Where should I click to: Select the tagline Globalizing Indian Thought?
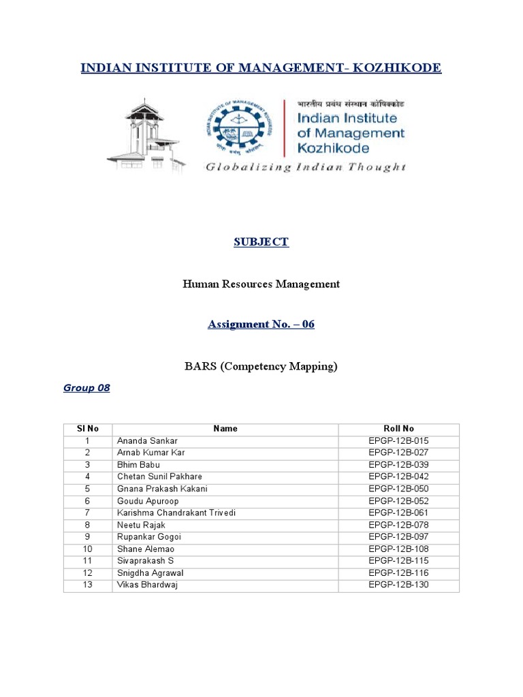[306, 167]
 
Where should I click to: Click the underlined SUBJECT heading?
[261, 242]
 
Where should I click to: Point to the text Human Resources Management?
[261, 284]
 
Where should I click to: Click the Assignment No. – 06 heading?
[261, 325]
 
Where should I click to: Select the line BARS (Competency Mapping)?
[261, 366]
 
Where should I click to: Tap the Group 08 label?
[86, 388]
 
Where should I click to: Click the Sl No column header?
[88, 429]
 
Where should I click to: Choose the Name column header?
[225, 429]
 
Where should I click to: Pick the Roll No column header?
[399, 429]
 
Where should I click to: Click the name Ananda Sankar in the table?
[147, 441]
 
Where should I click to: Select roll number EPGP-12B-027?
[399, 453]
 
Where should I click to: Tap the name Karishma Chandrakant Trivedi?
[176, 513]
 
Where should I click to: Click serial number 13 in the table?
[88, 585]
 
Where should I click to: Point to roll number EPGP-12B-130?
[399, 585]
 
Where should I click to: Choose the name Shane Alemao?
[146, 549]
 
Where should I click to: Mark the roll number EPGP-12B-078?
[399, 525]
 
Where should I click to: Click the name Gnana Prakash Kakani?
[162, 489]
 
